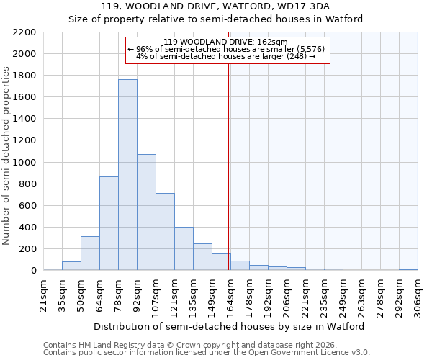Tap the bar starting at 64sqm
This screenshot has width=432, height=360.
[109, 223]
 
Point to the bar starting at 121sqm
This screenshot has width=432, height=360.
[184, 249]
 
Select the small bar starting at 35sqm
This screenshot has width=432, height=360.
[71, 266]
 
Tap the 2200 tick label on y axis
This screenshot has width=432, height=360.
[24, 32]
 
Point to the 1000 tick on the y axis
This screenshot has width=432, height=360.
[24, 163]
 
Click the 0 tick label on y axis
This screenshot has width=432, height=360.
[33, 271]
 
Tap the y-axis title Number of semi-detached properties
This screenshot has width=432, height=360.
[7, 156]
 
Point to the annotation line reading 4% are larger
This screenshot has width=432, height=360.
[226, 56]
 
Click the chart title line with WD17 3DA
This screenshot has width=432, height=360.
[215, 6]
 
